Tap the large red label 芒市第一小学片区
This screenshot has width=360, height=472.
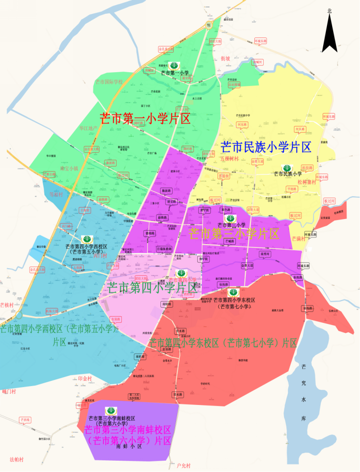point(145,118)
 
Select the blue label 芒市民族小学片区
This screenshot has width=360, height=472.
point(266,147)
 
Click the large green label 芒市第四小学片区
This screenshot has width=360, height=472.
point(151,287)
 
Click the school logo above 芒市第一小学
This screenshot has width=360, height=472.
point(174,65)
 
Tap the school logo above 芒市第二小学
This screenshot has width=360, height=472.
point(230,219)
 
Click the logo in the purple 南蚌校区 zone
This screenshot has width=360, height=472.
point(110,411)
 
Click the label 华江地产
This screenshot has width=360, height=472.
point(88,128)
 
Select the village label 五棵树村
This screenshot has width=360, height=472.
point(229,159)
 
